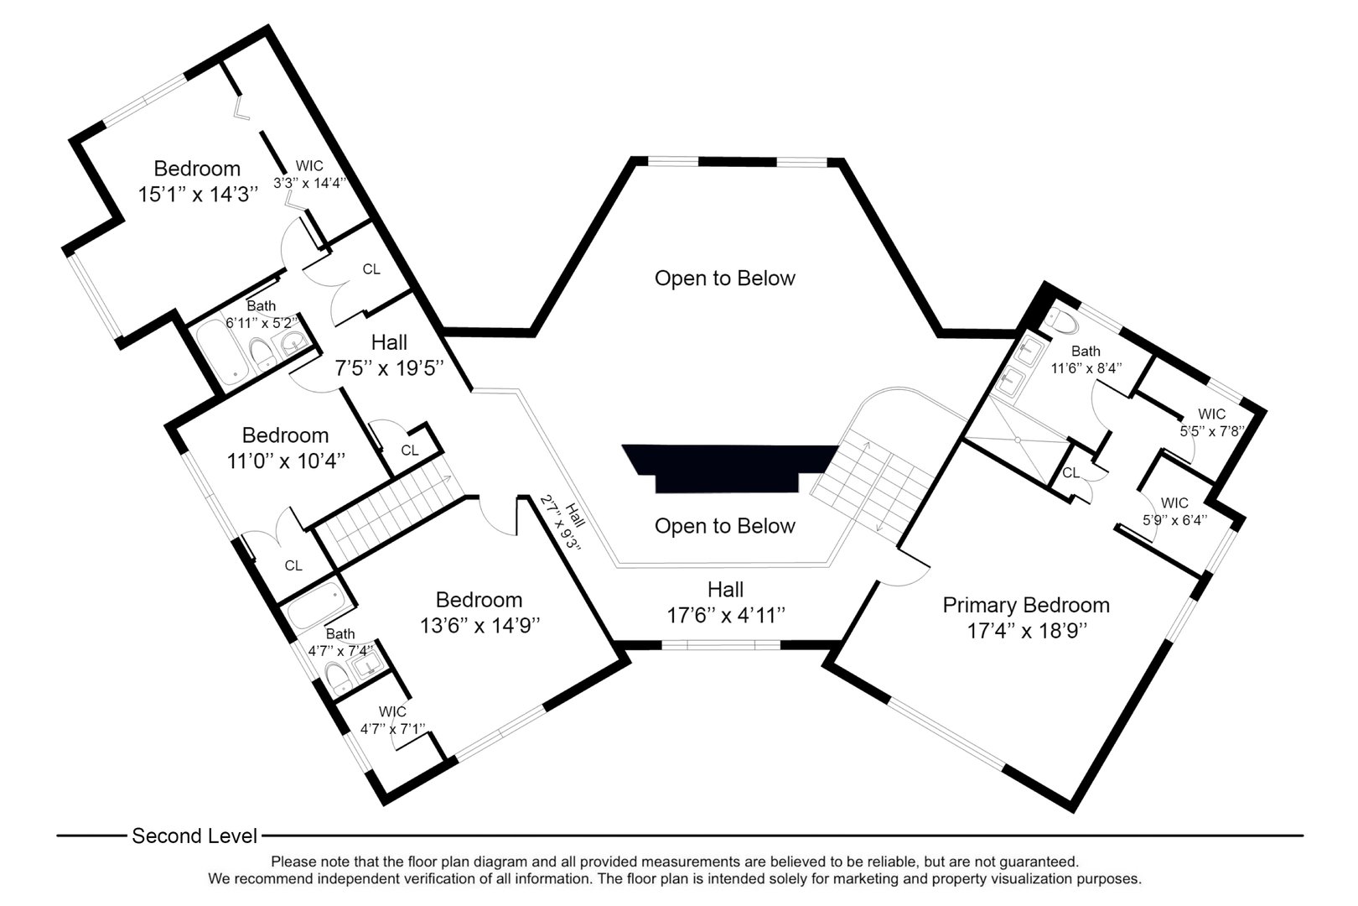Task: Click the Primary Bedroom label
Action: pyautogui.click(x=1025, y=605)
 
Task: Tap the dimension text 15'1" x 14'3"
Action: pyautogui.click(x=198, y=195)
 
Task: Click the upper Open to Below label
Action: pyautogui.click(x=724, y=278)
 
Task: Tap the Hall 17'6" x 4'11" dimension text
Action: pyautogui.click(x=725, y=615)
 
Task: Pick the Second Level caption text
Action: pyautogui.click(x=194, y=836)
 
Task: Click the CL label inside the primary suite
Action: pyautogui.click(x=1070, y=473)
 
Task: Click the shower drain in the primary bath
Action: pyautogui.click(x=1017, y=439)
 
